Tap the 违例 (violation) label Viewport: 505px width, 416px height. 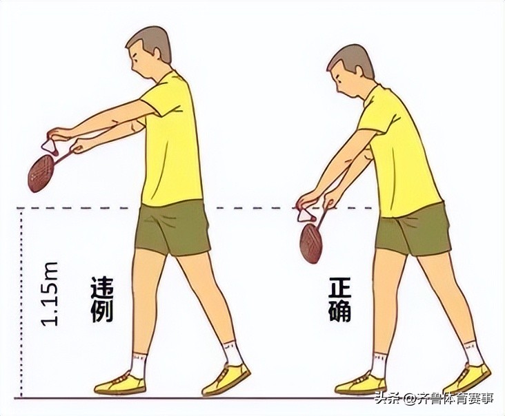(x=101, y=300)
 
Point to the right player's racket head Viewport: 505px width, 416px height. (x=313, y=242)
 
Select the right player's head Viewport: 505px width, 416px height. (x=350, y=69)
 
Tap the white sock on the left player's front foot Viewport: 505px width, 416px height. (x=138, y=365)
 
